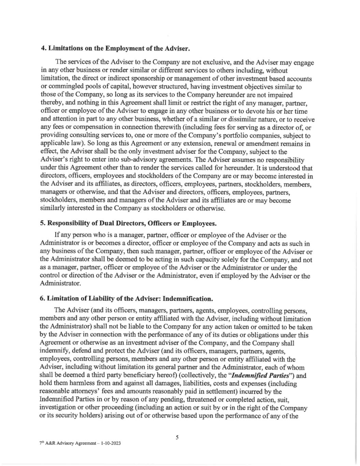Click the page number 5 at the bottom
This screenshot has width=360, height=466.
pos(177,437)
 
